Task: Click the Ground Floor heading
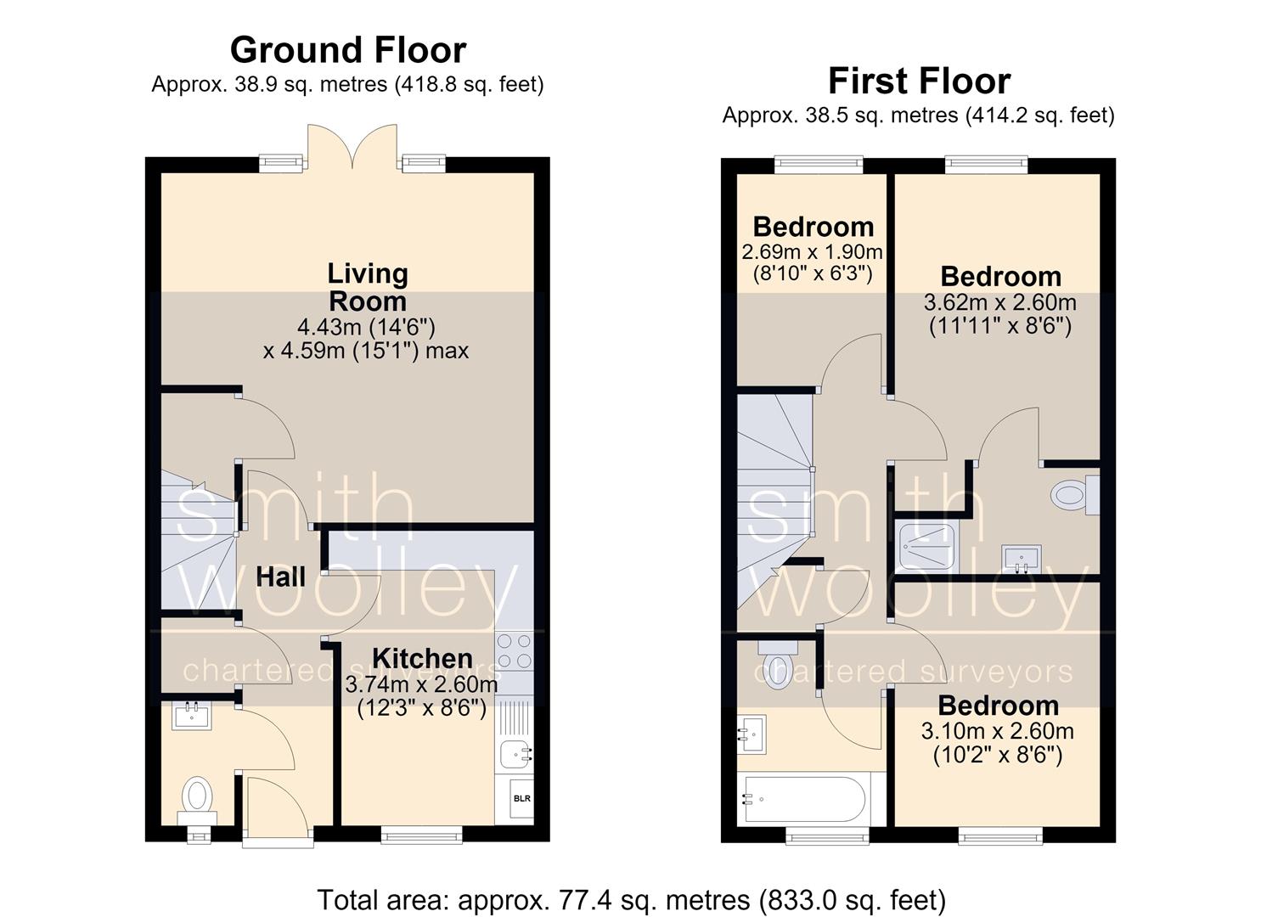[x=348, y=50]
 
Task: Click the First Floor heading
[x=920, y=81]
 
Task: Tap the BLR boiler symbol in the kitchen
[x=521, y=798]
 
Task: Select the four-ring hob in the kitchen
[x=514, y=650]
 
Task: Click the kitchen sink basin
[x=515, y=754]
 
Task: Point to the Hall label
[x=280, y=577]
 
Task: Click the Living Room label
[x=368, y=288]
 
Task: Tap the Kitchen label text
[x=422, y=659]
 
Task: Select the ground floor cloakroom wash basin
[x=192, y=717]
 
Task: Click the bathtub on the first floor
[x=805, y=799]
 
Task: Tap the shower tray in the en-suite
[x=927, y=545]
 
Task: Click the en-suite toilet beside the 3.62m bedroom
[x=1076, y=495]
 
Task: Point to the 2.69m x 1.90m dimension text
[x=812, y=251]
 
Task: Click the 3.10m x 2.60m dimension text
[x=997, y=731]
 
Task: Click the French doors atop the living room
[x=352, y=148]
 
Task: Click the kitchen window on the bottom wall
[x=422, y=835]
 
